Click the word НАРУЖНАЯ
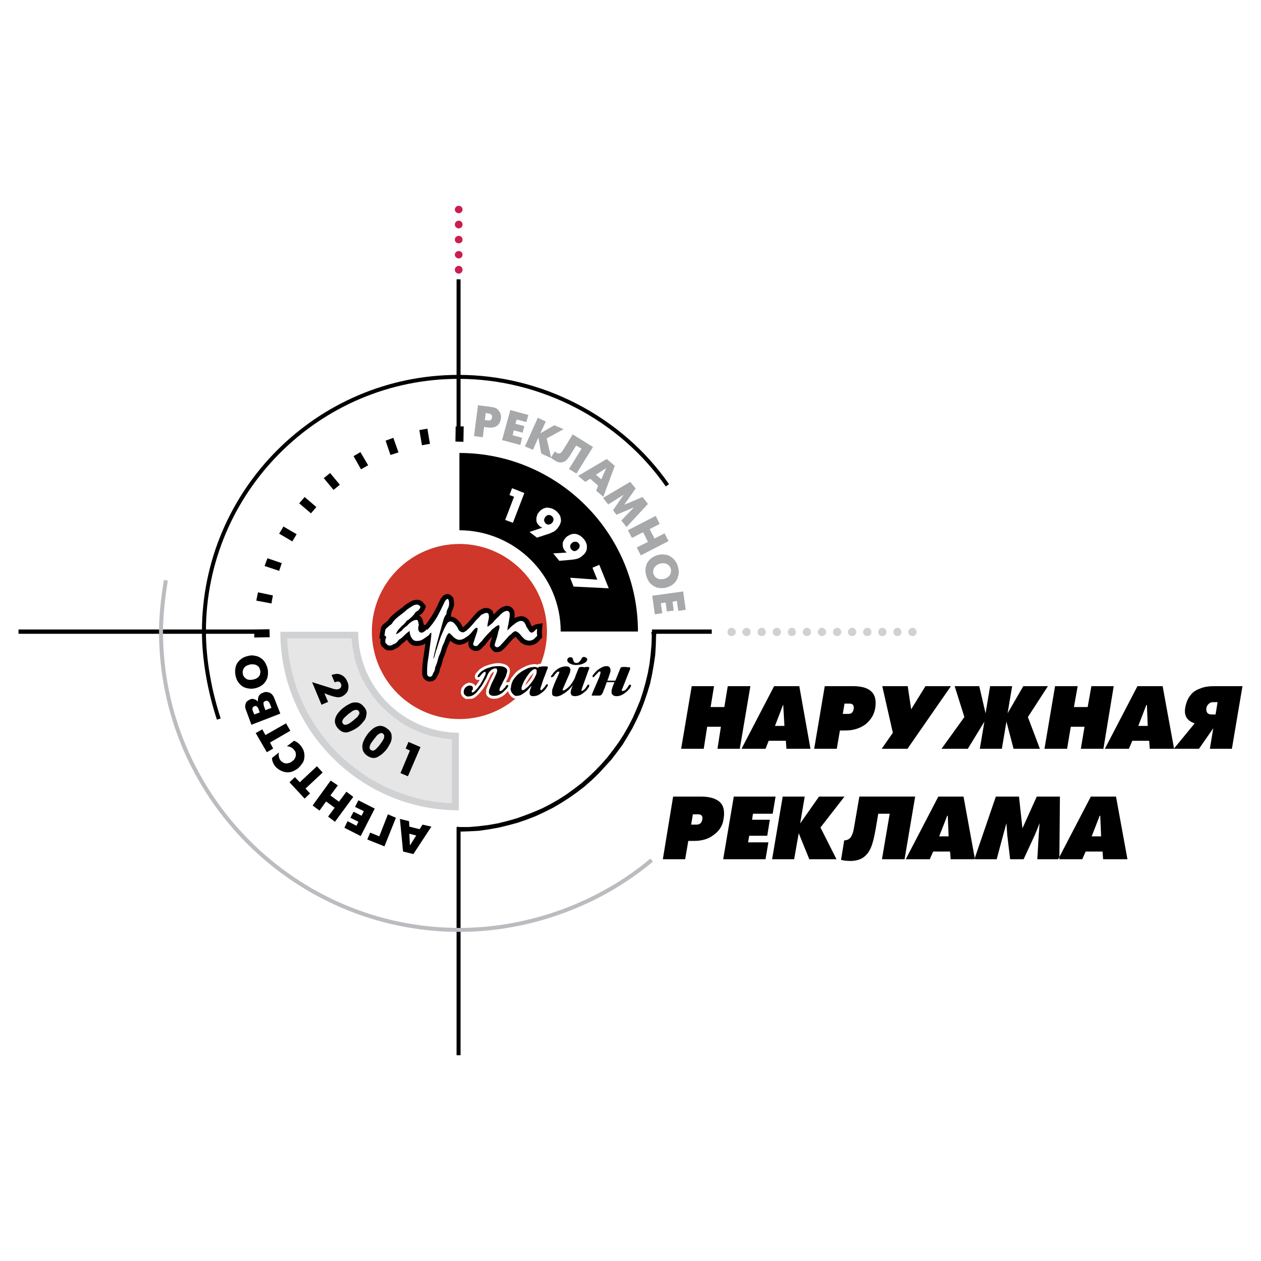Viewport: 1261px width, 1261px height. pyautogui.click(x=962, y=717)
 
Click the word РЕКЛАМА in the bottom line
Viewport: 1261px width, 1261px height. pyautogui.click(x=895, y=828)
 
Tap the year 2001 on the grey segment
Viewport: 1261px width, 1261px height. pyautogui.click(x=367, y=725)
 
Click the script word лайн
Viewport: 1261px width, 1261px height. pyautogui.click(x=546, y=679)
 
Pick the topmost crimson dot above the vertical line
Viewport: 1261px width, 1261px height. pyautogui.click(x=458, y=210)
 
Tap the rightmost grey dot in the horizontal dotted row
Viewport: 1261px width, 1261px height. pyautogui.click(x=913, y=632)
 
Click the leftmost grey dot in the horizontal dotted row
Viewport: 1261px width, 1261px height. pyautogui.click(x=731, y=632)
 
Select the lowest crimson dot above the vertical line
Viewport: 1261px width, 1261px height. pyautogui.click(x=458, y=270)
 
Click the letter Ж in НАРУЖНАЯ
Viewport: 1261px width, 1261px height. pyautogui.click(x=994, y=717)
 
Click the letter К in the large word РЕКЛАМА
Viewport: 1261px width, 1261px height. pyautogui.click(x=808, y=828)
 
